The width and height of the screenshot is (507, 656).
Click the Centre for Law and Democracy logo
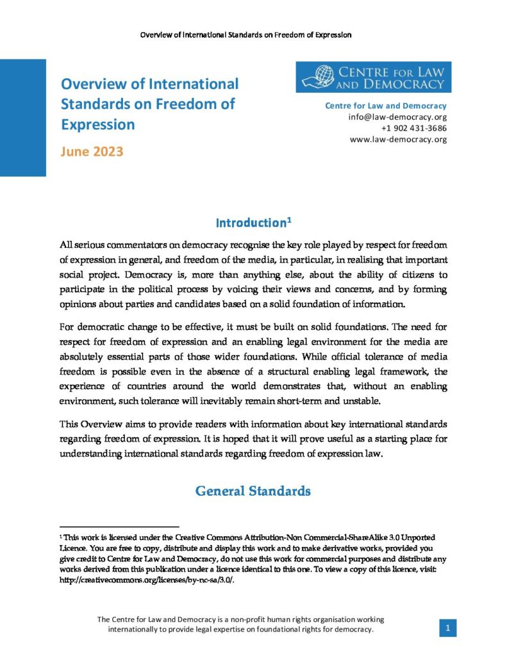pos(373,77)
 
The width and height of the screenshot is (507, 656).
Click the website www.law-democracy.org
pos(398,139)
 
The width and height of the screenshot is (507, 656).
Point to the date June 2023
pos(92,152)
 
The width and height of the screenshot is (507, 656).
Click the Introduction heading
pos(250,224)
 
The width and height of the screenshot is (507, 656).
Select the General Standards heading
pos(253,491)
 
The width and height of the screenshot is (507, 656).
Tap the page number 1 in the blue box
pos(447,629)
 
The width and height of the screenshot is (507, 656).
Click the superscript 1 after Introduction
pos(290,220)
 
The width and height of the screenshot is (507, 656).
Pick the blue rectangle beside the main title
pos(23,118)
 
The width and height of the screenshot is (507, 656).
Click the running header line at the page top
pos(245,34)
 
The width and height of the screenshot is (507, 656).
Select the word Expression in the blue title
pos(98,124)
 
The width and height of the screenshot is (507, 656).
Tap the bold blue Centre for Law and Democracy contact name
pos(386,106)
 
